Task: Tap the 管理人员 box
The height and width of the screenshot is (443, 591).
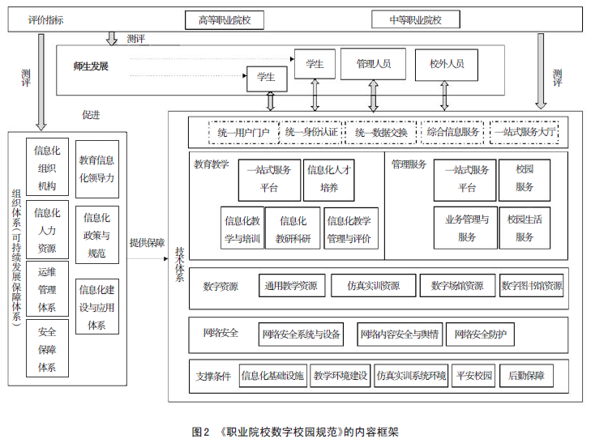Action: (x=374, y=63)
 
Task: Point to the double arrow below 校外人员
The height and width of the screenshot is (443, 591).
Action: (x=443, y=95)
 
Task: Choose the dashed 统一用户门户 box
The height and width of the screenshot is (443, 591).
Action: (x=243, y=131)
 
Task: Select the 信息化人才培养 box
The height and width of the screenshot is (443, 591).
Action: (x=328, y=179)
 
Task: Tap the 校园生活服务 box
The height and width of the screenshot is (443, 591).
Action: (x=525, y=228)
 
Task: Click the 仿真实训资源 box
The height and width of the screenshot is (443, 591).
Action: (x=373, y=286)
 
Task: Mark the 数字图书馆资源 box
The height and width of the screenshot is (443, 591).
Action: (x=531, y=286)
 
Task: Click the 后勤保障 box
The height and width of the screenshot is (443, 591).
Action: (x=526, y=376)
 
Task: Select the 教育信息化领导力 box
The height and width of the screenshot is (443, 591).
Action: (x=96, y=168)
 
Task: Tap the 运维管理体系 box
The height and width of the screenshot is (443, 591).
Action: (x=47, y=288)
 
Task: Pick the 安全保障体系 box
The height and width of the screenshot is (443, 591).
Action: (x=47, y=349)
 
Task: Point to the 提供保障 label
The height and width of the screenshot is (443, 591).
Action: (x=147, y=242)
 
